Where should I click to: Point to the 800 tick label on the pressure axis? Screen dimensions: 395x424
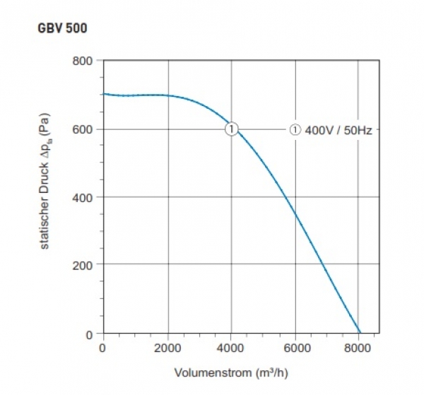pos(83,61)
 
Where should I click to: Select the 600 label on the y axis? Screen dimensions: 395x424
pos(83,129)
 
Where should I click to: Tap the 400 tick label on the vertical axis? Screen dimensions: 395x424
pos(83,197)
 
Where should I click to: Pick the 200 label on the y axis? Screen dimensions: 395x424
pos(83,265)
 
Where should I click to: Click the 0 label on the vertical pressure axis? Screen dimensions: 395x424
pos(88,333)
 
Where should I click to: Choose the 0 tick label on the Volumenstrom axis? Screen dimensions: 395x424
pos(103,348)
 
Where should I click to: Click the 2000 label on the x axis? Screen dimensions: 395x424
pos(167,348)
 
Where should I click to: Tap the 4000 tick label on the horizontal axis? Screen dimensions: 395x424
pos(231,348)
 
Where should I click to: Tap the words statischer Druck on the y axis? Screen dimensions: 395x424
pos(44,211)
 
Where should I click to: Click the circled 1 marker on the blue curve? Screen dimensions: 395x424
pos(231,129)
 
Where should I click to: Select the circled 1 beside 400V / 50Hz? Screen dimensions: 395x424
pos(295,129)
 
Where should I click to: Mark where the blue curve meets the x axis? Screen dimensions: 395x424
pos(360,333)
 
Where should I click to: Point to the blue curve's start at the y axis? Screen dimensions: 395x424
pos(104,94)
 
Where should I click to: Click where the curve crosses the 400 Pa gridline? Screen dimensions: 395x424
pos(286,197)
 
